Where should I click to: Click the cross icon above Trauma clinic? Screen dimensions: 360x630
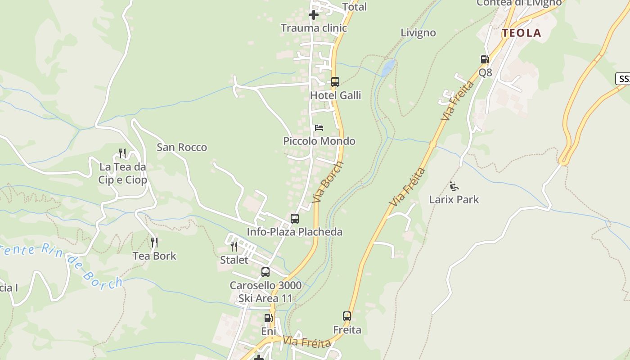click(x=314, y=15)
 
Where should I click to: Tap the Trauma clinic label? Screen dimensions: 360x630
click(x=314, y=28)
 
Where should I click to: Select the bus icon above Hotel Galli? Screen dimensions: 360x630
click(x=335, y=82)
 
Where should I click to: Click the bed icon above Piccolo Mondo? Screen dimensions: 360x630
click(x=319, y=128)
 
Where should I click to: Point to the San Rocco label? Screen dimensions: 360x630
click(x=182, y=147)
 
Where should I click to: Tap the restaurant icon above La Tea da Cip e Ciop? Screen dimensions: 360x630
click(x=122, y=153)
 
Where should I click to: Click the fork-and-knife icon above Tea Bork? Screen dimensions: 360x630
click(x=154, y=243)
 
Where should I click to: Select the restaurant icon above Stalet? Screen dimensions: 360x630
click(x=234, y=247)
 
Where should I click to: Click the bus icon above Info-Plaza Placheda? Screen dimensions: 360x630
click(x=295, y=219)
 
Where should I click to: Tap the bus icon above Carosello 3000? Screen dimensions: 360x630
click(x=265, y=272)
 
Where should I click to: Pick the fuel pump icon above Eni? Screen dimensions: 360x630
click(x=268, y=318)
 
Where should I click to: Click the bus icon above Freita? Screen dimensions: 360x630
click(x=347, y=316)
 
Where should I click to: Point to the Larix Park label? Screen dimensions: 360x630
click(x=454, y=199)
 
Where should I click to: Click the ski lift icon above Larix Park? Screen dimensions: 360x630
click(x=454, y=186)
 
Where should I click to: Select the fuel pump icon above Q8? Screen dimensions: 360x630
click(x=485, y=59)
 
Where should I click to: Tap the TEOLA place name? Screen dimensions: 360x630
click(x=522, y=33)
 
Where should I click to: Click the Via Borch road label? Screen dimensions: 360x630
click(x=328, y=181)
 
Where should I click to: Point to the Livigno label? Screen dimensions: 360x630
click(x=418, y=33)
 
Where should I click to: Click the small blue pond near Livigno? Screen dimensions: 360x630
click(x=388, y=67)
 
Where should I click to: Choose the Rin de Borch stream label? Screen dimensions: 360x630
click(x=81, y=266)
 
